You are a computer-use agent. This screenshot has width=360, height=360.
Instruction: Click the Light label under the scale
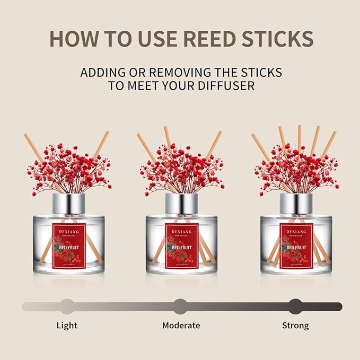tap(67, 325)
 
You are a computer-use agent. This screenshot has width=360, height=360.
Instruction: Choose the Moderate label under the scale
tap(181, 325)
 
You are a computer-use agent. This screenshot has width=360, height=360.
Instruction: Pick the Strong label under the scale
tap(295, 325)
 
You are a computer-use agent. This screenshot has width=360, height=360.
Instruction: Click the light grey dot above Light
tap(67, 306)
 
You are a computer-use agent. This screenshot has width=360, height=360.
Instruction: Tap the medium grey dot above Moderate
tap(181, 306)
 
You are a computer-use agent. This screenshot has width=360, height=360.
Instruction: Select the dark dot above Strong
tap(295, 306)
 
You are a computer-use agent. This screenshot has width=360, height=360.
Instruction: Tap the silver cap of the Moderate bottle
tap(181, 203)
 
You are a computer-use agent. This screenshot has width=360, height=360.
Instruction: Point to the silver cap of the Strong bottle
tap(296, 203)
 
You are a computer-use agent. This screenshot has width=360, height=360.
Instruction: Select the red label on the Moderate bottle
tap(181, 243)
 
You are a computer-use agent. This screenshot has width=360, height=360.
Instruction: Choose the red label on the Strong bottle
tap(296, 243)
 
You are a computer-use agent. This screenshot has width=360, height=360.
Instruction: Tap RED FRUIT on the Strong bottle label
tap(296, 247)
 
